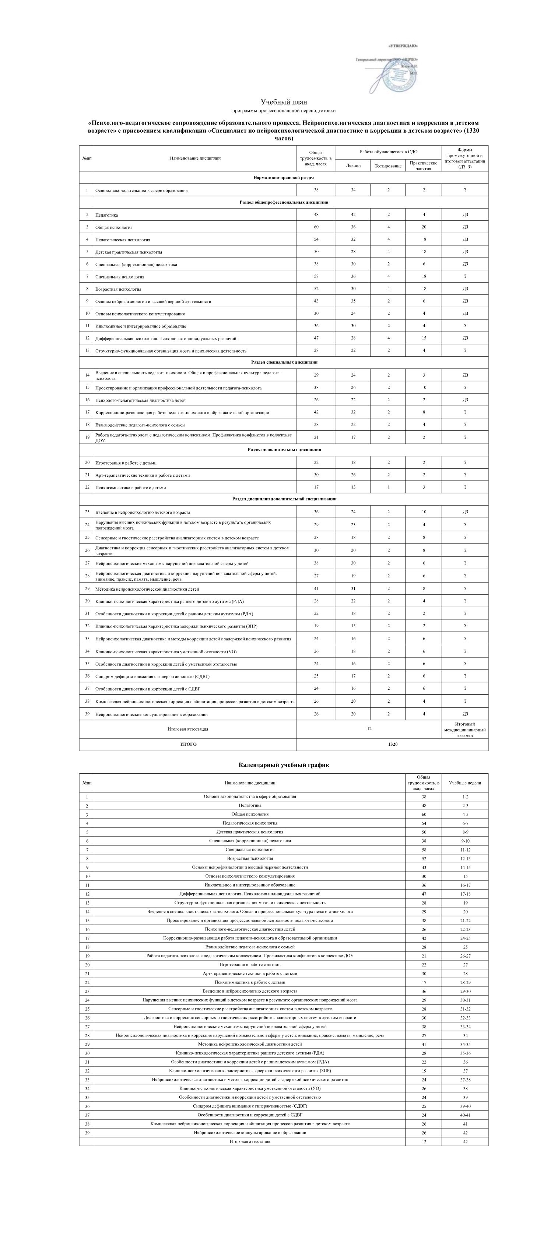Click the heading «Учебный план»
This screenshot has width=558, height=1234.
284,102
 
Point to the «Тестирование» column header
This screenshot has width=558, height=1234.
388,166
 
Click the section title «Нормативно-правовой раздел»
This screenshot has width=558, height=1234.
284,178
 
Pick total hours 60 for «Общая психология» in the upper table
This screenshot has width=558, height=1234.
316,227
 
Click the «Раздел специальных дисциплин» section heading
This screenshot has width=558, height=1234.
284,362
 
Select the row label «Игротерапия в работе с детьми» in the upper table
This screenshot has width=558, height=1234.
126,463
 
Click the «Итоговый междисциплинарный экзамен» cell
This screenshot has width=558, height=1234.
464,730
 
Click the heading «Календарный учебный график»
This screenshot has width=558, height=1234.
284,765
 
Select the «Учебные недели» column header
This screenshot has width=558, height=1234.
464,783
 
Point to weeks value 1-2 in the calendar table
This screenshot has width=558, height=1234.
464,797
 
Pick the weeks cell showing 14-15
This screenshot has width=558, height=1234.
464,867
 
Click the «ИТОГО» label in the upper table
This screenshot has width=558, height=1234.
188,744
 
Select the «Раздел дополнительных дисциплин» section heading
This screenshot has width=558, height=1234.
284,449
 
